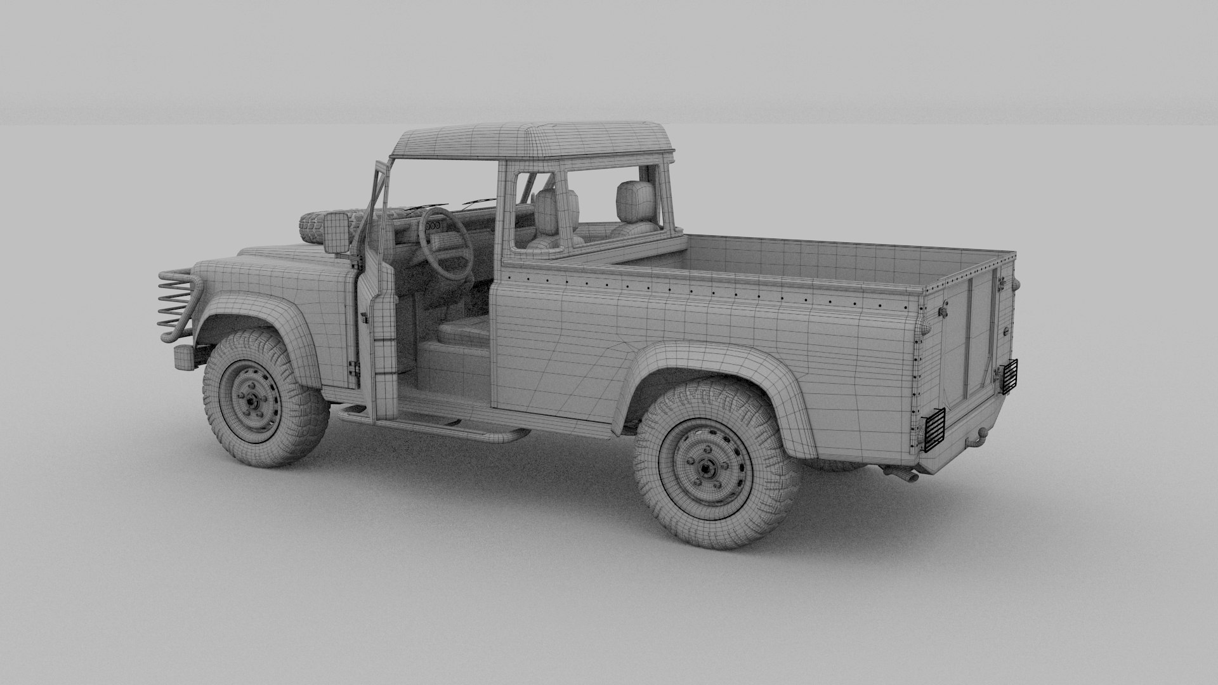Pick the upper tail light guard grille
tap(1009, 377)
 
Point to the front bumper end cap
tap(182, 358)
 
